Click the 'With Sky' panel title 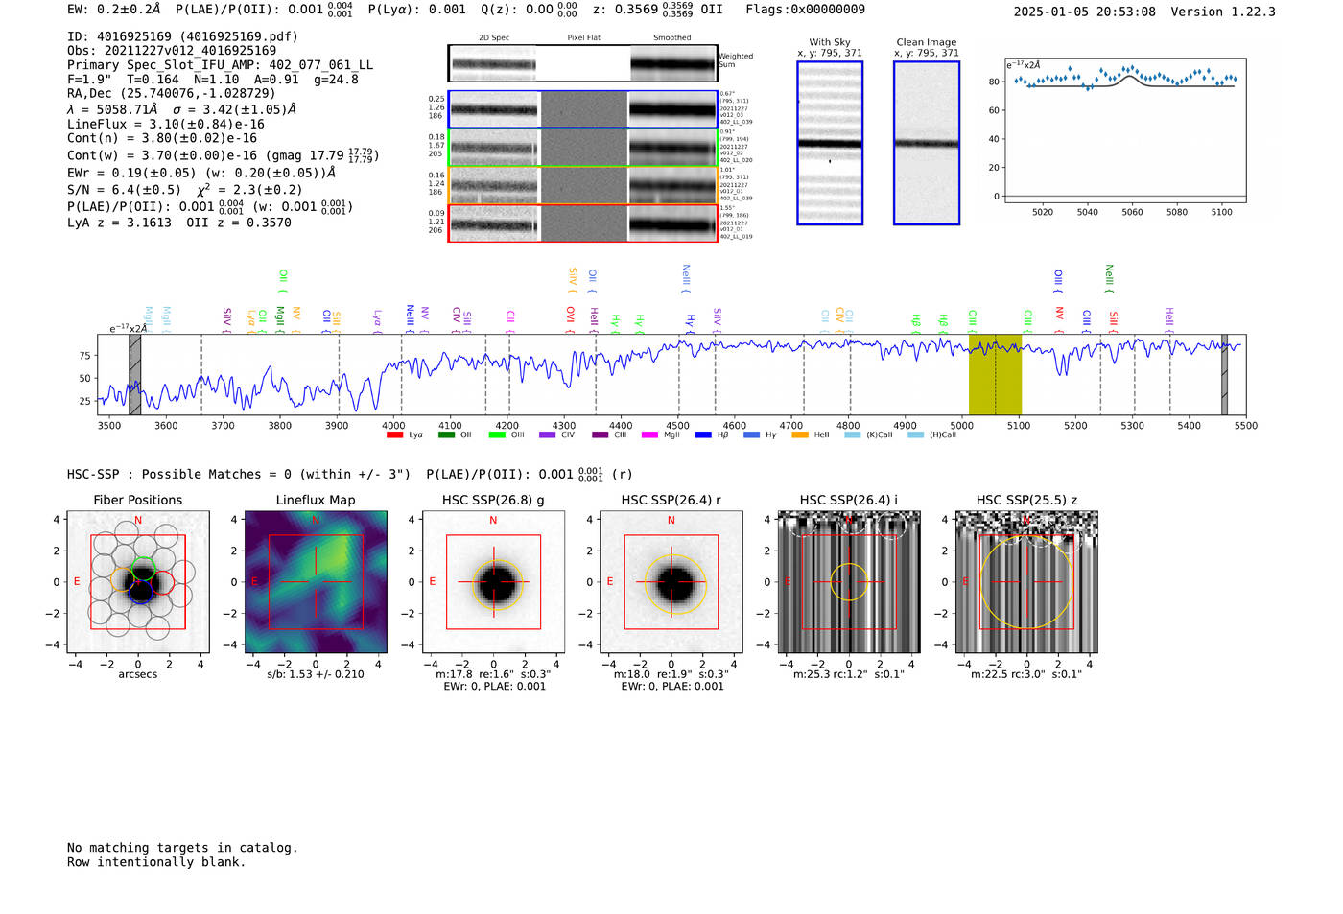(829, 42)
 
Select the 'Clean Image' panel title (926, 42)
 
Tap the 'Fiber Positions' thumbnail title (137, 500)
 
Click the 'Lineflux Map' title (316, 500)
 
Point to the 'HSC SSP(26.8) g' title (493, 500)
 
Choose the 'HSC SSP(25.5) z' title (1026, 500)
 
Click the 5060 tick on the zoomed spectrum (1132, 212)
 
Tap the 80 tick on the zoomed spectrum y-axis (994, 82)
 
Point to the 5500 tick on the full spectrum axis (1245, 425)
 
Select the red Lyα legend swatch (394, 435)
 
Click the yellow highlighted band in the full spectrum (995, 374)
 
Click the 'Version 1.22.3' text (1223, 12)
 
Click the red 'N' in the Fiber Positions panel (138, 521)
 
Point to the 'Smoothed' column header (671, 38)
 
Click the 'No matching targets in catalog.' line (182, 848)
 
